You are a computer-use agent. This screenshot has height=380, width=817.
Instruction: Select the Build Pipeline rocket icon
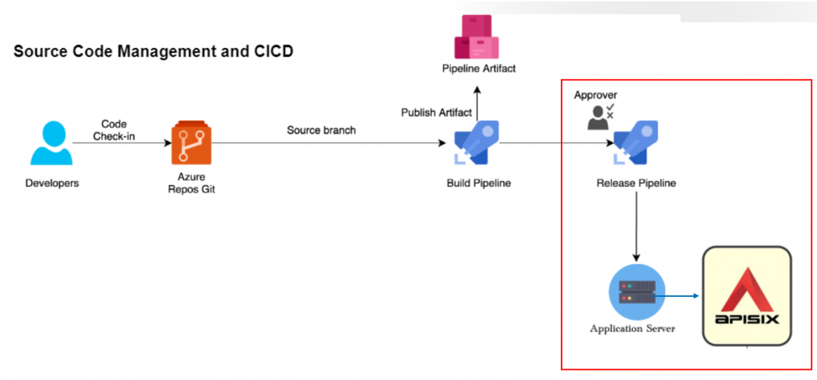click(477, 142)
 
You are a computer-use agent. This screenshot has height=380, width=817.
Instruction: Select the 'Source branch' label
click(321, 130)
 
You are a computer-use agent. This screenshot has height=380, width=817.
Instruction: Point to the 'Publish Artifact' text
click(436, 112)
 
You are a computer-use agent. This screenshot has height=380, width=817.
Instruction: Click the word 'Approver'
click(595, 95)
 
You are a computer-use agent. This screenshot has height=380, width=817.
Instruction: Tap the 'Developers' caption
click(52, 184)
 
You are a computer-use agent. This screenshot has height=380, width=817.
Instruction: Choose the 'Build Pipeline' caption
click(479, 184)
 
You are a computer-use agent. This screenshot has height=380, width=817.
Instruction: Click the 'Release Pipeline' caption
click(637, 184)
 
